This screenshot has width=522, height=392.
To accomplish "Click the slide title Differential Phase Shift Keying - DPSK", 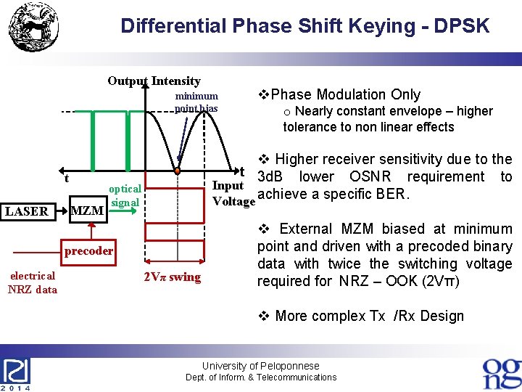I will (x=304, y=27).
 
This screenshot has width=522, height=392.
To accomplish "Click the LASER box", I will (x=26, y=211).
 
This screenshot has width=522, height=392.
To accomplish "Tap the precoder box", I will (x=88, y=251).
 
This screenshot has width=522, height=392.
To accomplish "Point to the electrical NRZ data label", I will (x=32, y=282).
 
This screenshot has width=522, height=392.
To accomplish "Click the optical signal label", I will (x=125, y=195).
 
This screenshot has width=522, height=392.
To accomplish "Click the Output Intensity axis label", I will (x=154, y=81).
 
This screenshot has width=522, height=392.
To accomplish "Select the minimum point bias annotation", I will (x=196, y=102).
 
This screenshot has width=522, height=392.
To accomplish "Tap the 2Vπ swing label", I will (x=172, y=277).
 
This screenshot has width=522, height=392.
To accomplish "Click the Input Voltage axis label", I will (x=231, y=192).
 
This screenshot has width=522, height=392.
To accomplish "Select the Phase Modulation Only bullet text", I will (x=340, y=94).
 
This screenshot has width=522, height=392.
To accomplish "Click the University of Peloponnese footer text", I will (x=260, y=366).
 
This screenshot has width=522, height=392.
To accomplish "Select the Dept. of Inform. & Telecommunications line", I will (x=261, y=377).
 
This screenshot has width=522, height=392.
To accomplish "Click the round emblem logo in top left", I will (x=32, y=30).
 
